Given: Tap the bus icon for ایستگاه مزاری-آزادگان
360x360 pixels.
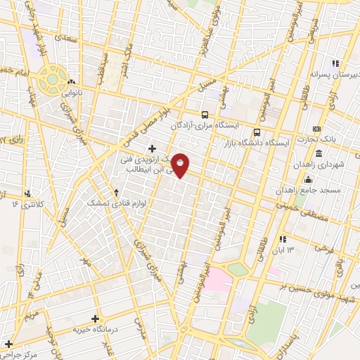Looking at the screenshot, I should [205, 114].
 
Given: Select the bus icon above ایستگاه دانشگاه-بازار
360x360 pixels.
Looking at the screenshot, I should [257, 131].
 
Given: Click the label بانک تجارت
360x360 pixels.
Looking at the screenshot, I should [335, 139].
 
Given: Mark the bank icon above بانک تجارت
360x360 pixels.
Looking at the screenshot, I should [317, 129].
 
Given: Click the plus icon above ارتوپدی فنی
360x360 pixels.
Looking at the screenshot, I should [152, 148].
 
